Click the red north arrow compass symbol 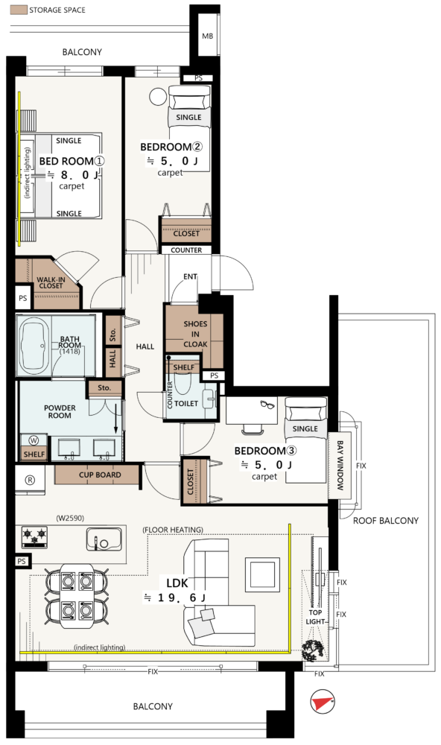[x=323, y=702]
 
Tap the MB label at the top [x=208, y=36]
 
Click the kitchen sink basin [x=104, y=539]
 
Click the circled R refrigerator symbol [x=30, y=480]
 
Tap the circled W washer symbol [x=34, y=440]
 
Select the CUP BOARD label [x=100, y=475]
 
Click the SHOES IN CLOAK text [x=195, y=334]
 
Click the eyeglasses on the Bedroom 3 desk [x=268, y=405]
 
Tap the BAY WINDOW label [x=340, y=465]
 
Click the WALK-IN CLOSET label [x=51, y=282]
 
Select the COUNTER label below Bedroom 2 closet [x=186, y=250]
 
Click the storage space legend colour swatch [x=19, y=10]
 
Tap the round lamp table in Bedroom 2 [x=158, y=96]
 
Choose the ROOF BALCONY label [x=385, y=521]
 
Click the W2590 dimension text [x=70, y=518]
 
